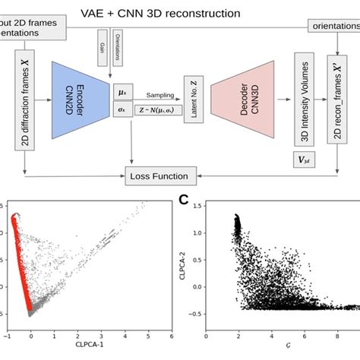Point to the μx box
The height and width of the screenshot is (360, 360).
click(122, 91)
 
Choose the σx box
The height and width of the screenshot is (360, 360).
click(122, 109)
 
